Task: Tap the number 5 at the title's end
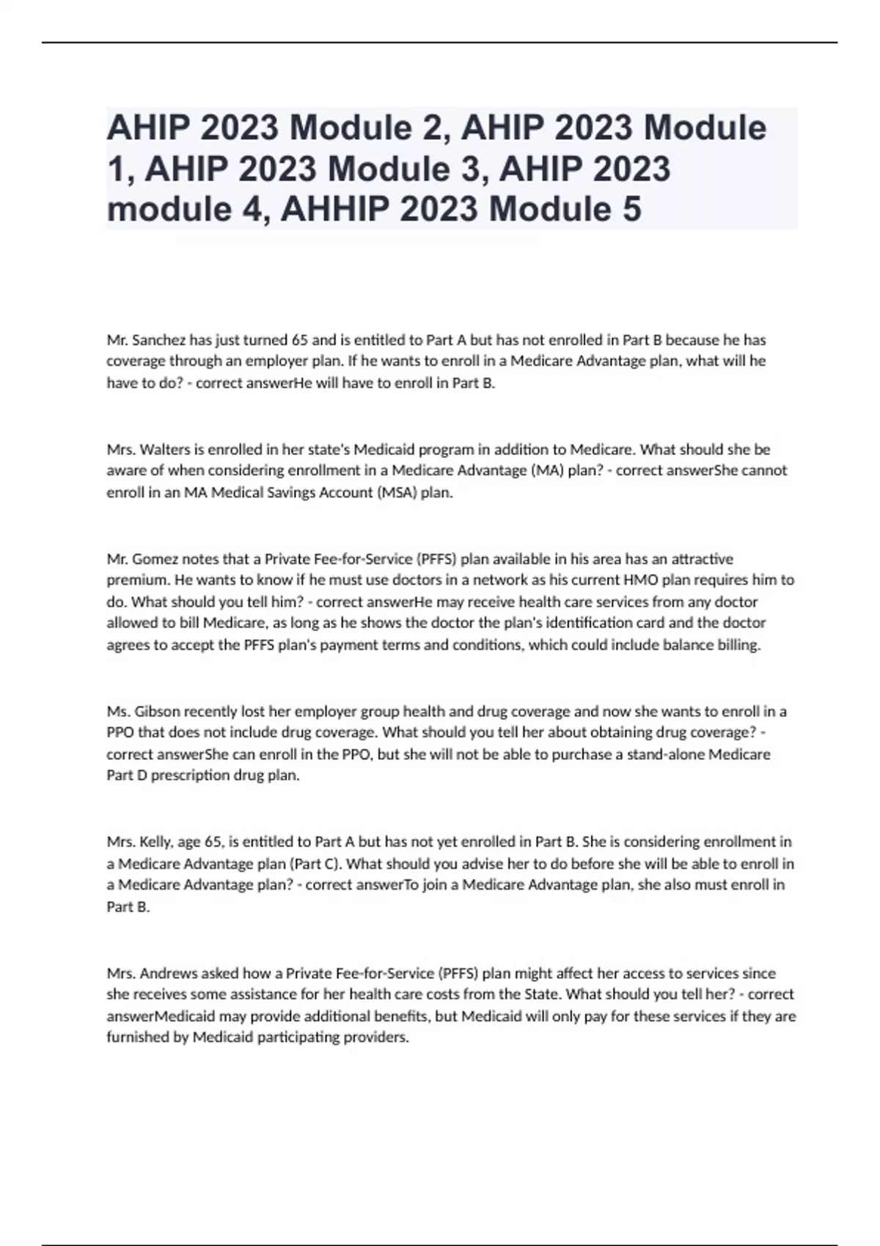click(x=631, y=209)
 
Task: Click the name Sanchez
click(x=159, y=340)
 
